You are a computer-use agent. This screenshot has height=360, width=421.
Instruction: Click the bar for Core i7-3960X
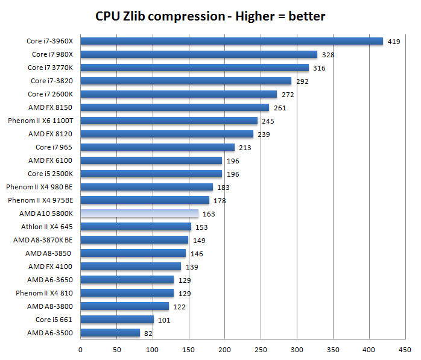click(x=232, y=41)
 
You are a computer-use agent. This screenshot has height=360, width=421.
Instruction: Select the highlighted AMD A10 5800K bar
click(x=139, y=213)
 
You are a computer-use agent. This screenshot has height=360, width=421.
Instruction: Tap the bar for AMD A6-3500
click(x=110, y=333)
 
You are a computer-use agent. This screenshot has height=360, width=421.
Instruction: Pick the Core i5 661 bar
click(x=117, y=320)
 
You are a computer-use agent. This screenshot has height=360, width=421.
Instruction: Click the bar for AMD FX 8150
click(x=174, y=107)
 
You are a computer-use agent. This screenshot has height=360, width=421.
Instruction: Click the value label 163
click(x=209, y=214)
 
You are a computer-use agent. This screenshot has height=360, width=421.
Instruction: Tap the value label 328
click(x=328, y=55)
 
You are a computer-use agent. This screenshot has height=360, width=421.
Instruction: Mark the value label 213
click(x=245, y=148)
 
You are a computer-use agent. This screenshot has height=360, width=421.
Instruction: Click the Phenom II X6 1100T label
click(x=40, y=121)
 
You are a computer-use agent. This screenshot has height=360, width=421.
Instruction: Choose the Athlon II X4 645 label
click(x=46, y=227)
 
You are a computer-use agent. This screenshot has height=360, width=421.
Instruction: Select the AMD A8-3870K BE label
click(x=43, y=240)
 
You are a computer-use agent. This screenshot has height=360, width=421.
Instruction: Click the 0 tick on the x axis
click(x=81, y=348)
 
